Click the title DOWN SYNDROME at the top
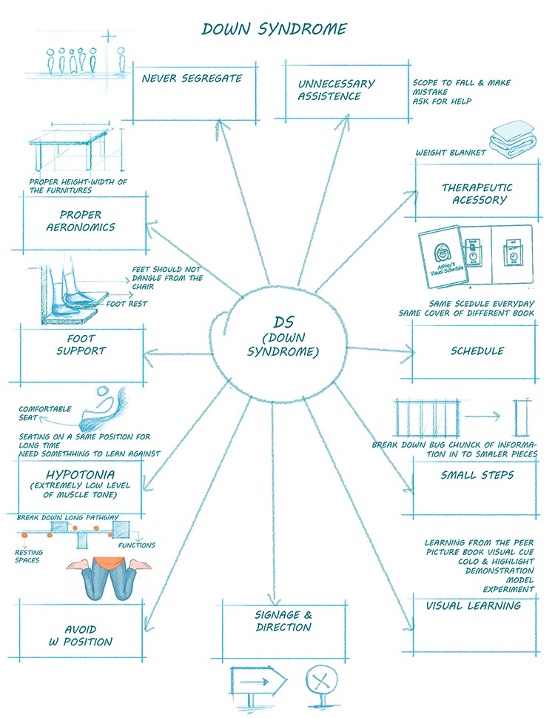(274, 30)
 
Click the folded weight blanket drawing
(510, 139)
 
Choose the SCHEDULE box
(477, 350)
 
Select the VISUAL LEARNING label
(473, 605)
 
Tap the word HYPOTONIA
(81, 472)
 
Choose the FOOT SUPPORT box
(81, 345)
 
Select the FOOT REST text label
(128, 302)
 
